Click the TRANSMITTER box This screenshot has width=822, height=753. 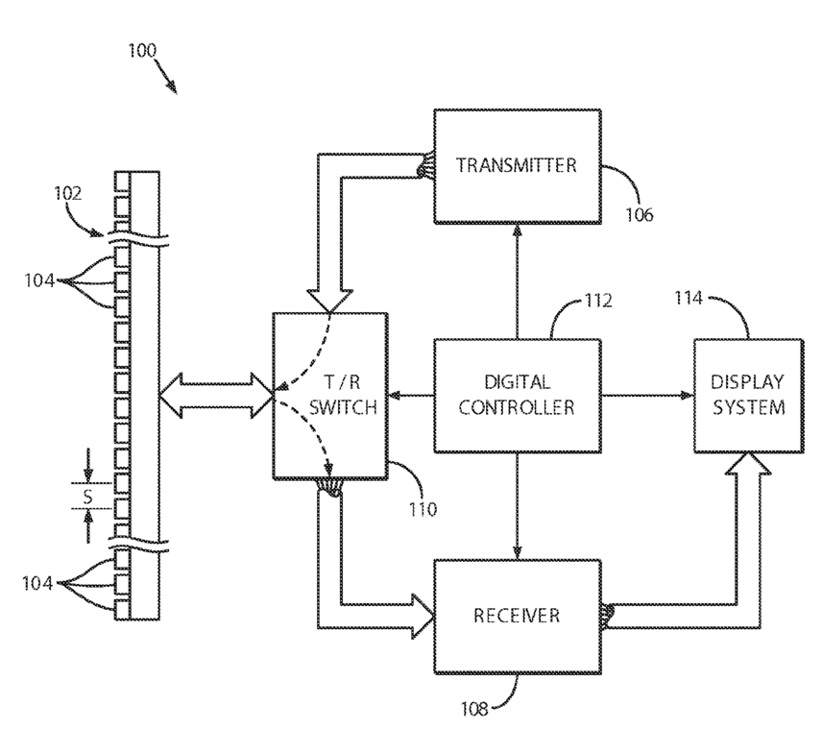(x=517, y=166)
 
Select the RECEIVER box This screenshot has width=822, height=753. (x=517, y=617)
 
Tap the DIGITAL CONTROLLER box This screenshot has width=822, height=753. (x=517, y=396)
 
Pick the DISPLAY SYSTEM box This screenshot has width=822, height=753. (x=749, y=396)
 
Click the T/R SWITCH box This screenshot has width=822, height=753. (x=330, y=396)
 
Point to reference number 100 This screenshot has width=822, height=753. (x=142, y=51)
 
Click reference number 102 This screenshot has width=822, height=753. (x=68, y=194)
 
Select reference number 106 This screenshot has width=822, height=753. (x=640, y=215)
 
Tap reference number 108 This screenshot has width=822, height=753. (x=474, y=709)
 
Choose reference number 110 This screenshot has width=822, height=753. (x=423, y=509)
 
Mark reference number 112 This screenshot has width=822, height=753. (x=598, y=301)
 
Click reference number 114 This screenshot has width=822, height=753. (x=688, y=299)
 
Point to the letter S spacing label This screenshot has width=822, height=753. (x=88, y=496)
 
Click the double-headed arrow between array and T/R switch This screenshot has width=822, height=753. (x=216, y=396)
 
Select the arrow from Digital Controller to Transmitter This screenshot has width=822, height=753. (x=518, y=281)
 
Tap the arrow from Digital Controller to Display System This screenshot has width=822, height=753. (x=647, y=396)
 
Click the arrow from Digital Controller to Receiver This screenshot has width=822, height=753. (x=518, y=506)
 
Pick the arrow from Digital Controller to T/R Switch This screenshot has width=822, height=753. (x=411, y=396)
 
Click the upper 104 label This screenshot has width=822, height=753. (x=39, y=281)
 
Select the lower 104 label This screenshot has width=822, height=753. (x=37, y=583)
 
